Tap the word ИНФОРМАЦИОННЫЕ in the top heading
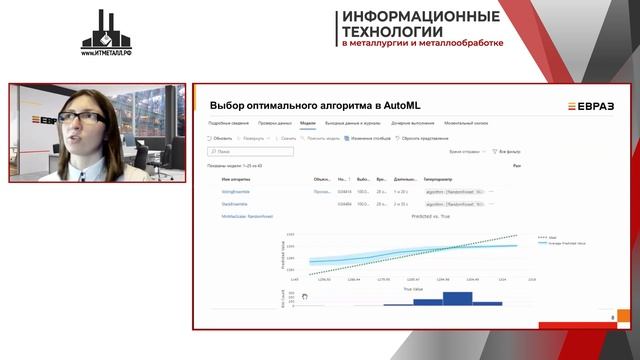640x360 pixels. (x=420, y=17)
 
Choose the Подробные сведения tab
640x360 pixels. (x=227, y=122)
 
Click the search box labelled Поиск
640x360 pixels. (x=250, y=152)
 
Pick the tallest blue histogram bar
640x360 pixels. (x=456, y=297)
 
